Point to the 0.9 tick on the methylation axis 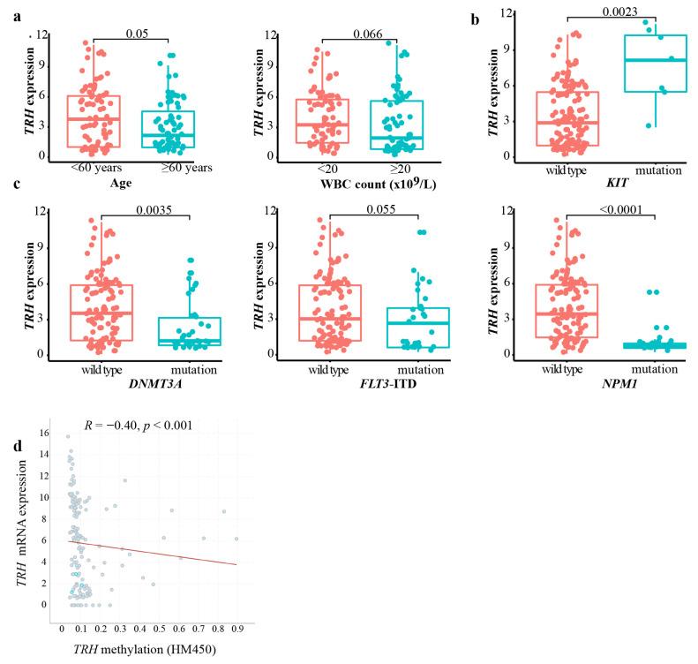[x=236, y=629]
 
